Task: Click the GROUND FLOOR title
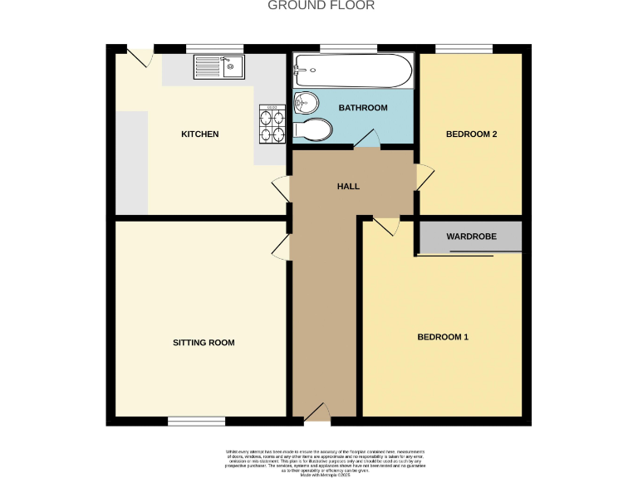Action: (x=321, y=6)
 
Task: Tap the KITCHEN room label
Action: (x=200, y=134)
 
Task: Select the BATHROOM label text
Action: (x=363, y=109)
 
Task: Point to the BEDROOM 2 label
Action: (x=471, y=134)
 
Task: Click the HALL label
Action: (x=348, y=187)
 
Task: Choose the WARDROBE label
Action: (x=471, y=237)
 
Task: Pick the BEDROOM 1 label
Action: (x=443, y=337)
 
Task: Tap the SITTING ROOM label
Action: (x=204, y=343)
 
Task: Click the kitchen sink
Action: (x=218, y=66)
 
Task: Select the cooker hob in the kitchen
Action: (x=272, y=124)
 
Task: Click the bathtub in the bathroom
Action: (x=353, y=71)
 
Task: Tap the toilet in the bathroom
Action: (x=314, y=129)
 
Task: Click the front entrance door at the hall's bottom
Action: (x=316, y=412)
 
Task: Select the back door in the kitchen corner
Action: (x=141, y=56)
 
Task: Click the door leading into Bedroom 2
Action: (x=425, y=178)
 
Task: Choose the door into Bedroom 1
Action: (x=386, y=226)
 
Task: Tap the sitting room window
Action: (x=196, y=422)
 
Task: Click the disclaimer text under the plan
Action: (x=319, y=459)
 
